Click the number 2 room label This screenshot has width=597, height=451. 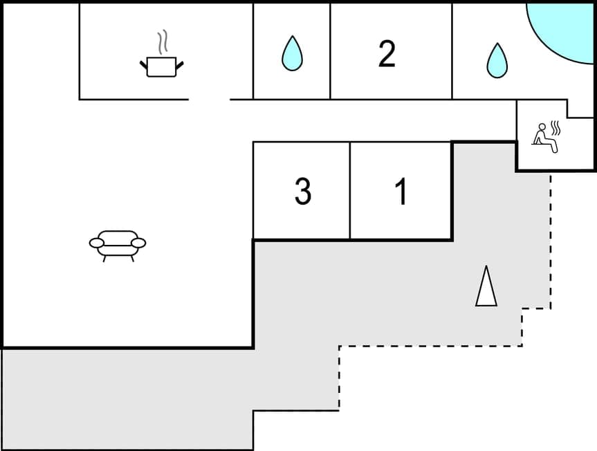(387, 54)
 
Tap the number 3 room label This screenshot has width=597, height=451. (302, 192)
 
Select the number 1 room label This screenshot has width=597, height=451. (401, 192)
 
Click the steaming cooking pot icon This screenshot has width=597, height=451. (162, 66)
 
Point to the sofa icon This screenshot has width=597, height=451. (118, 243)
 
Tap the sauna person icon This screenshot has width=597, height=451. (544, 134)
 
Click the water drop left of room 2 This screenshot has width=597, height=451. (292, 53)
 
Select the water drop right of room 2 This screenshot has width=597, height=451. (497, 60)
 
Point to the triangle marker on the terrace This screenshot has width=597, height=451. (486, 286)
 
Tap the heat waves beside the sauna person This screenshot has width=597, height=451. (556, 128)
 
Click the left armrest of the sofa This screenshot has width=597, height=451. (98, 242)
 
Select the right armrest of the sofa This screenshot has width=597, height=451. (138, 242)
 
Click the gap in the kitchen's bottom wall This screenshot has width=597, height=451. (209, 100)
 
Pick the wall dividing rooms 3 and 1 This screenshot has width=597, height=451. (350, 191)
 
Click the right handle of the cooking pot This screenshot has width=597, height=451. (180, 65)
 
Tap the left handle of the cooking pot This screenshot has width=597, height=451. (144, 65)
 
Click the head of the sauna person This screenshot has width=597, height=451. (541, 127)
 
